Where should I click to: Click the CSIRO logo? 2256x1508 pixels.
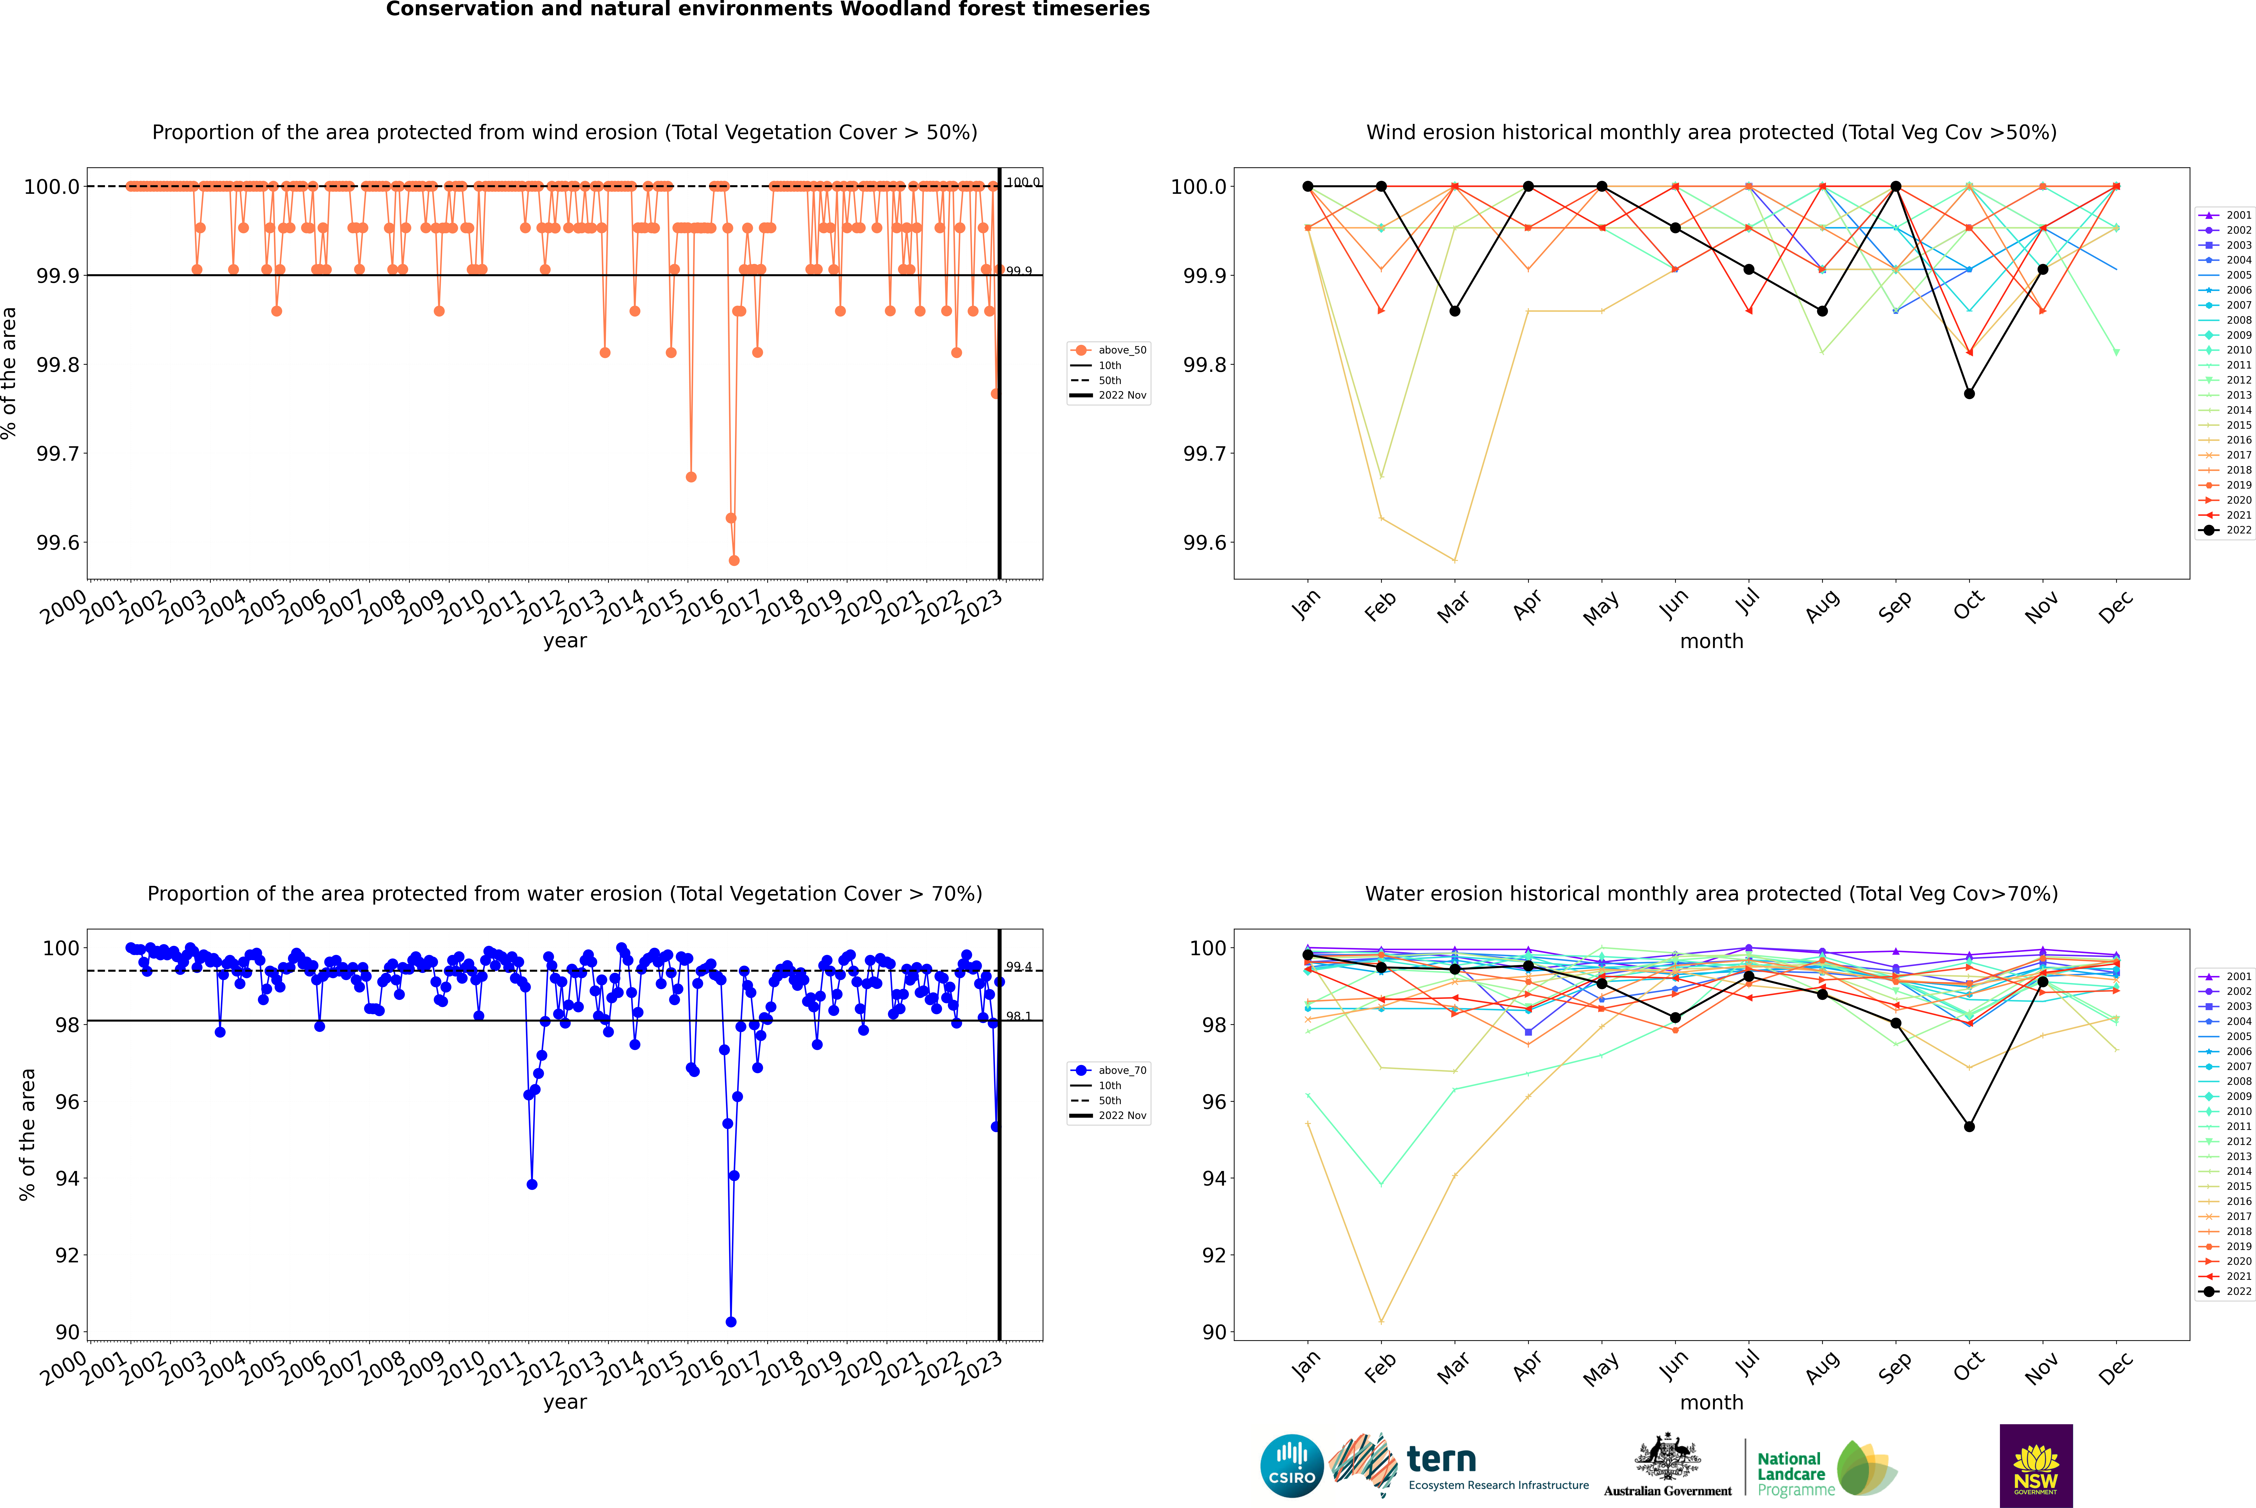(x=1292, y=1466)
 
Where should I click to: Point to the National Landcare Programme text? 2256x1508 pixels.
(x=1791, y=1473)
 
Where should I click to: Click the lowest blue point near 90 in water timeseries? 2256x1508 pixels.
(x=731, y=1321)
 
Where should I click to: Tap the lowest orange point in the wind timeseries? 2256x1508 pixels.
(x=734, y=560)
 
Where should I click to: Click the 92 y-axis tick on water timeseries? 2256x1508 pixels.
(x=67, y=1255)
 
